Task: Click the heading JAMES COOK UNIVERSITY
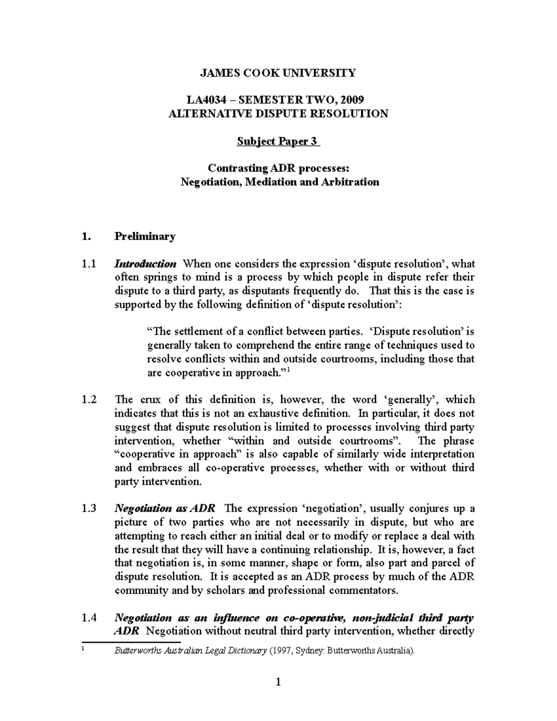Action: (278, 73)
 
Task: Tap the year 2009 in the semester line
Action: (352, 100)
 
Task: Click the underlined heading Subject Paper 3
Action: (278, 141)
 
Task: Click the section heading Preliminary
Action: (145, 236)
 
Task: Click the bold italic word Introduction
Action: (145, 264)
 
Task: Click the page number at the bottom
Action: (278, 682)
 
